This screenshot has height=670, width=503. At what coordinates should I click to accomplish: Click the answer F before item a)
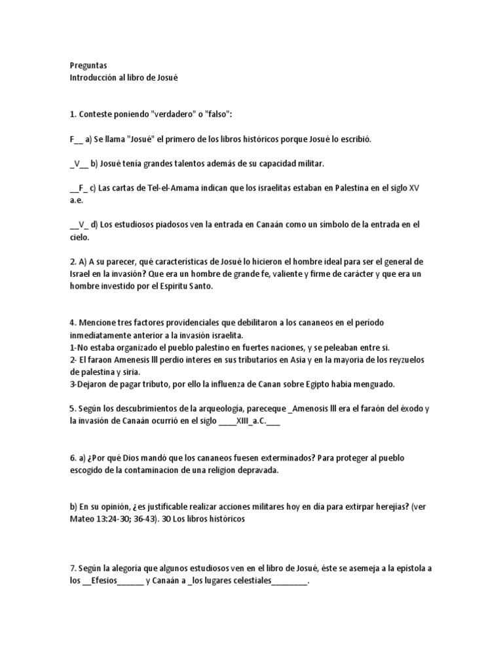pyautogui.click(x=72, y=139)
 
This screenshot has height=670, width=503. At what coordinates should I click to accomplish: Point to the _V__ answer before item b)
pyautogui.click(x=80, y=164)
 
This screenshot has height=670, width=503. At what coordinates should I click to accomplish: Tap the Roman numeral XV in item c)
pyautogui.click(x=413, y=188)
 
